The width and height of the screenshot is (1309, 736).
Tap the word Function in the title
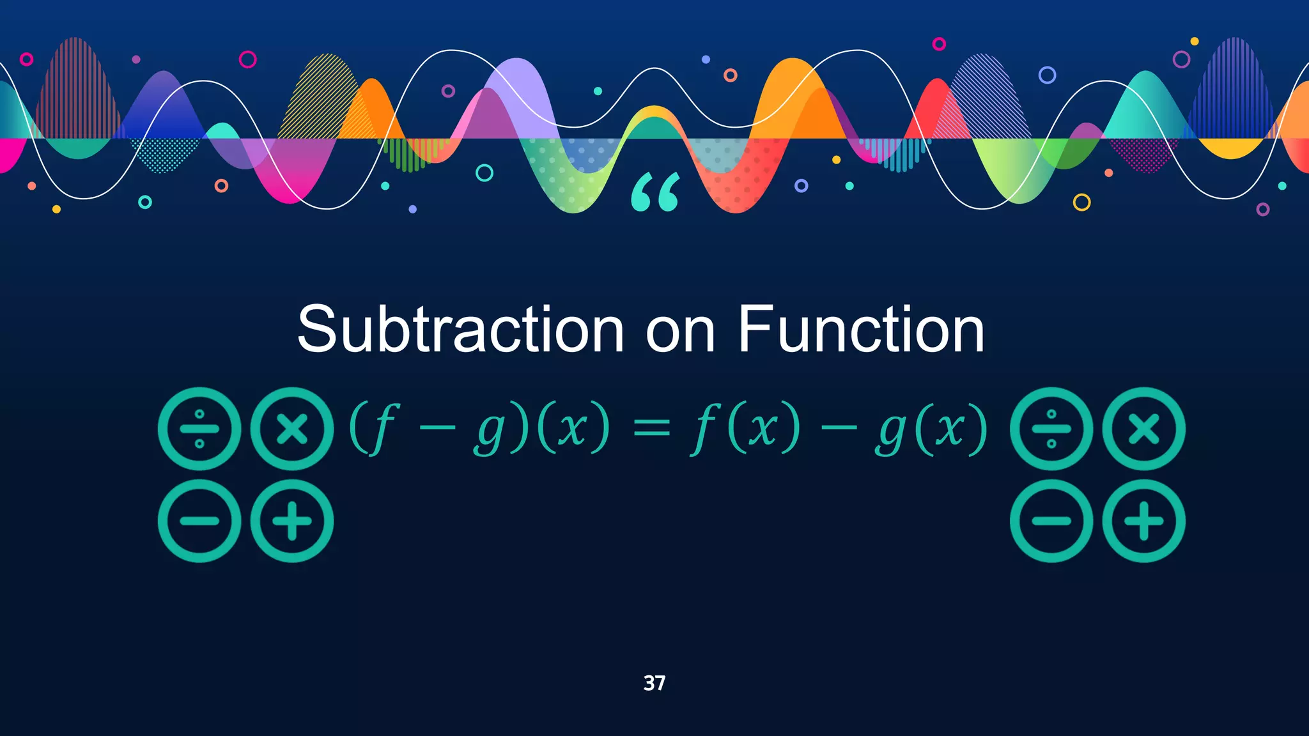click(860, 330)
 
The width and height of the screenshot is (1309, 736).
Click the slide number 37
click(654, 683)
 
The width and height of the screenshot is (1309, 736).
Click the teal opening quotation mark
click(655, 192)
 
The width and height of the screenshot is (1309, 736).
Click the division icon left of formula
click(199, 429)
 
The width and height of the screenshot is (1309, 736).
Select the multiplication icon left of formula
click(292, 429)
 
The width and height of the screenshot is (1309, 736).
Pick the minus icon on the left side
click(199, 521)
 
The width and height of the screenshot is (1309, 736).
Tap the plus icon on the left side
click(292, 521)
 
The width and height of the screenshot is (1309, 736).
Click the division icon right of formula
click(1051, 429)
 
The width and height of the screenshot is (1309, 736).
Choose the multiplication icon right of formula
click(1144, 429)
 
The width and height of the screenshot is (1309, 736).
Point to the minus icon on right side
click(1051, 521)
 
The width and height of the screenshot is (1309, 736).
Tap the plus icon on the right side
click(1144, 521)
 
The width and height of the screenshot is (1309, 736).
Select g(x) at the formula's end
click(931, 429)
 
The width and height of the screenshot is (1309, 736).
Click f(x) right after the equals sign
click(745, 428)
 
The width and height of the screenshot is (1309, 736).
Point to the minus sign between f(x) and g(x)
click(838, 428)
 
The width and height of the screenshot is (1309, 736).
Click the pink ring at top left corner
click(26, 59)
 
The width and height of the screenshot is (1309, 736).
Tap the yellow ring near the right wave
click(1081, 203)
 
